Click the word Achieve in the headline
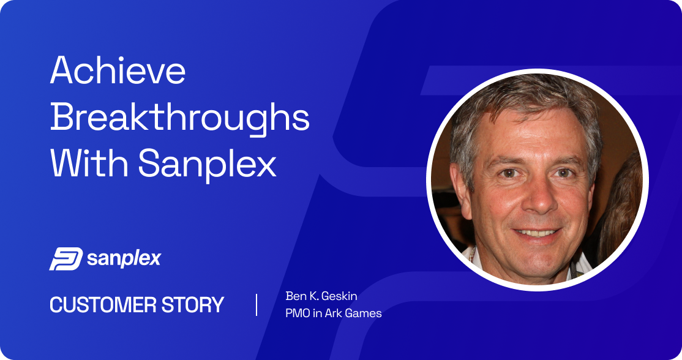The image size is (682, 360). [x=118, y=70]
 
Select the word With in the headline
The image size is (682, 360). [x=89, y=163]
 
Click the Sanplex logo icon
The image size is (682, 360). [x=66, y=259]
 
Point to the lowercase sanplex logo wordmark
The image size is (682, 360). [x=124, y=259]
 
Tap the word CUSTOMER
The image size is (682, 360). [x=103, y=305]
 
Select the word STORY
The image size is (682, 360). [x=193, y=305]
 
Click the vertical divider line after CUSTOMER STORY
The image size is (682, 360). [x=257, y=305]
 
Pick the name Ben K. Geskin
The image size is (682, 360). [x=321, y=296]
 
